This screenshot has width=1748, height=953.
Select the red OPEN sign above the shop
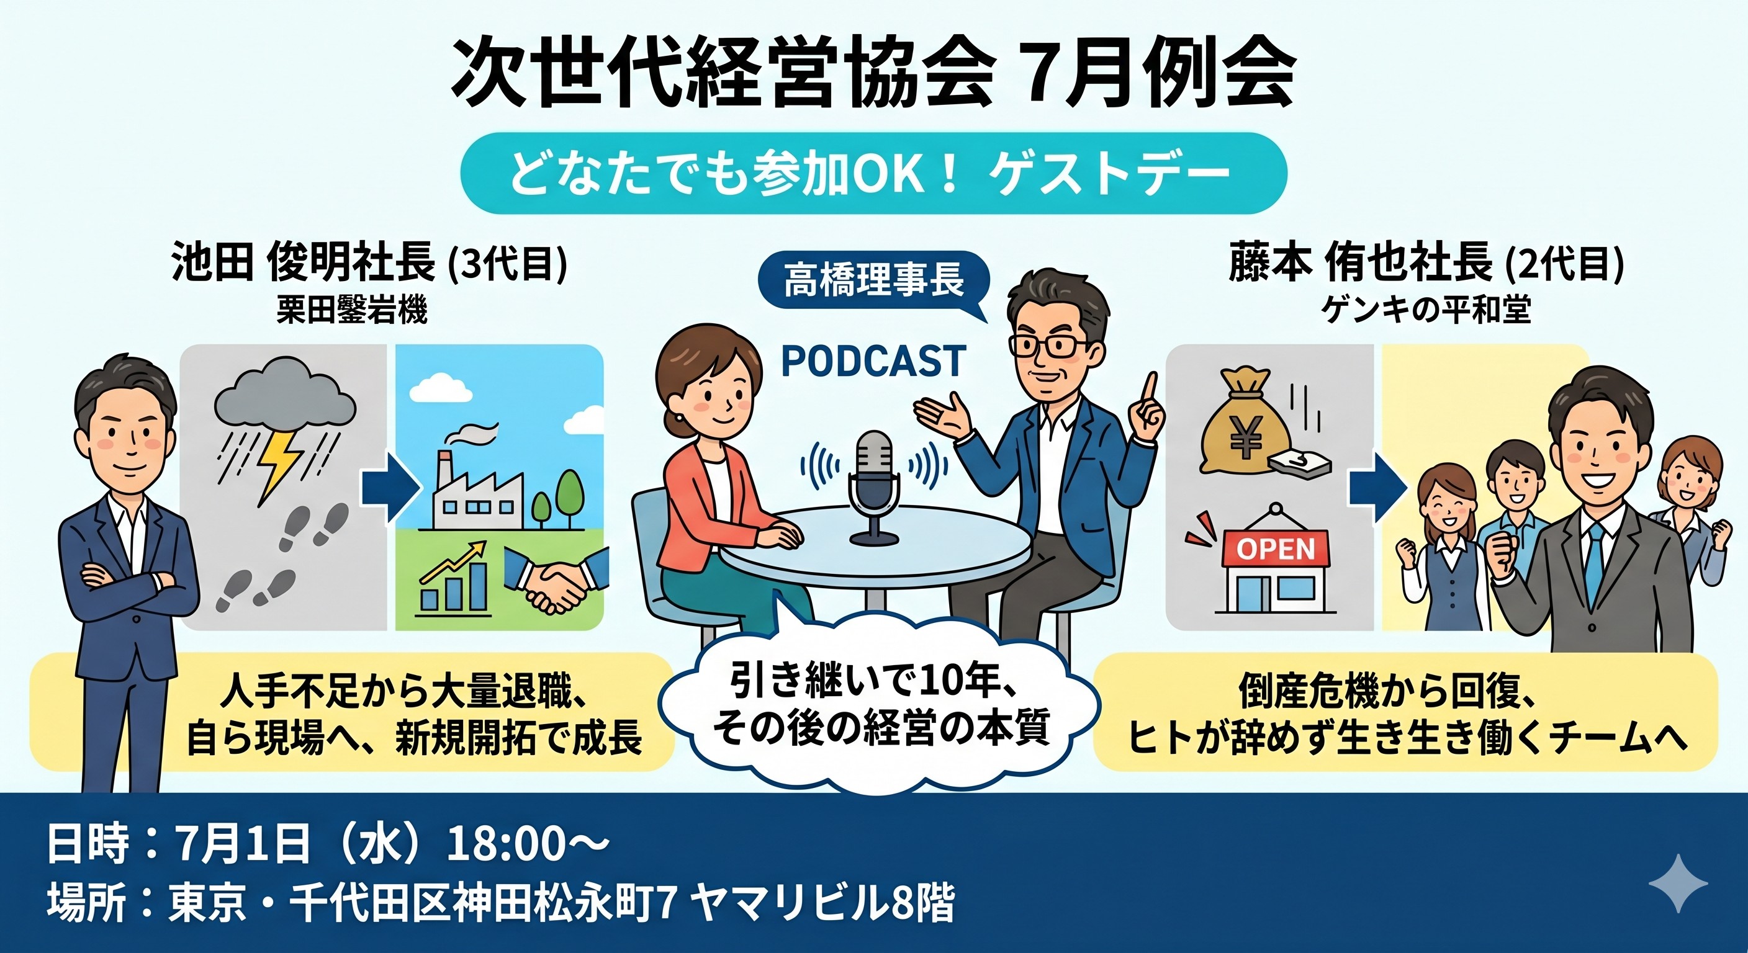1276,548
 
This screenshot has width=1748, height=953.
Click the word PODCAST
873,361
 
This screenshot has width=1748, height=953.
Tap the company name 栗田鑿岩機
351,311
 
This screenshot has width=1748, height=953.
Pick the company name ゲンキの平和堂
1426,310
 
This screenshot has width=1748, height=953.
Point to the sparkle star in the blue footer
1678,883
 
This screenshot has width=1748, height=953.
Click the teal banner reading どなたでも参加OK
873,173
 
